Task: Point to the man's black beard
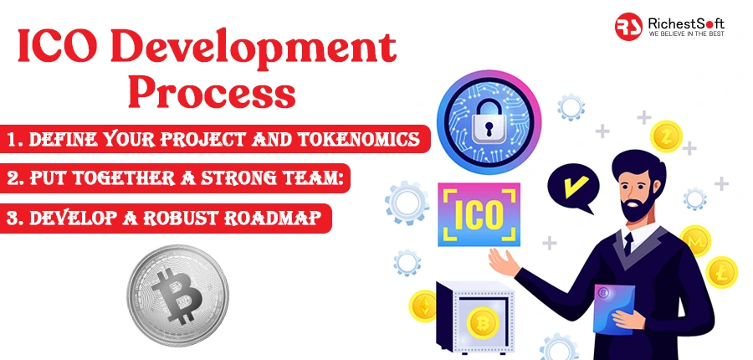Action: (633, 205)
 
